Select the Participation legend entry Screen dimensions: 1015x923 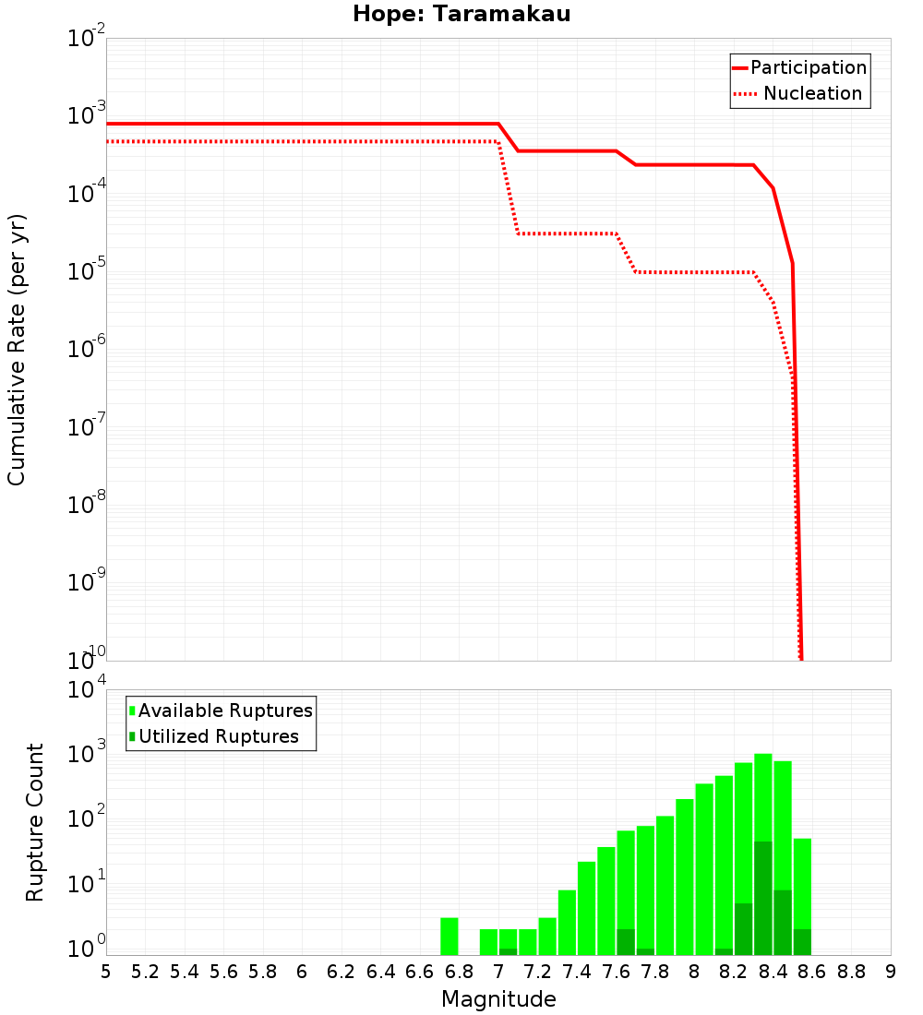(x=809, y=67)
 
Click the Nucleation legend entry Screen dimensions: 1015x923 (x=812, y=93)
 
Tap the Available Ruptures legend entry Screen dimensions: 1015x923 (x=225, y=710)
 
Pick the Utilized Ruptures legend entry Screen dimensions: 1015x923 (x=218, y=736)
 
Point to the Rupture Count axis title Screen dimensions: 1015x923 (x=35, y=822)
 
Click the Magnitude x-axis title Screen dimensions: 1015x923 (x=498, y=999)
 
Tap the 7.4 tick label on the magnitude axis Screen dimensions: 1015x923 (x=577, y=972)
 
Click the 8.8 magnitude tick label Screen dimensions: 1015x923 (x=851, y=972)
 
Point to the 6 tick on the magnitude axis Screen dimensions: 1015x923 (x=302, y=972)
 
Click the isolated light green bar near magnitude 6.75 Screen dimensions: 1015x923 (x=450, y=937)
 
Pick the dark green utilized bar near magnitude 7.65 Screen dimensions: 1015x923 (x=626, y=942)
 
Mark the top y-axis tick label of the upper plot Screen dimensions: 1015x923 (x=88, y=40)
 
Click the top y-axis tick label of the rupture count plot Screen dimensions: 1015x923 (x=88, y=690)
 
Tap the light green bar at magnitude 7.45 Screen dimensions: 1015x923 (x=587, y=909)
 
